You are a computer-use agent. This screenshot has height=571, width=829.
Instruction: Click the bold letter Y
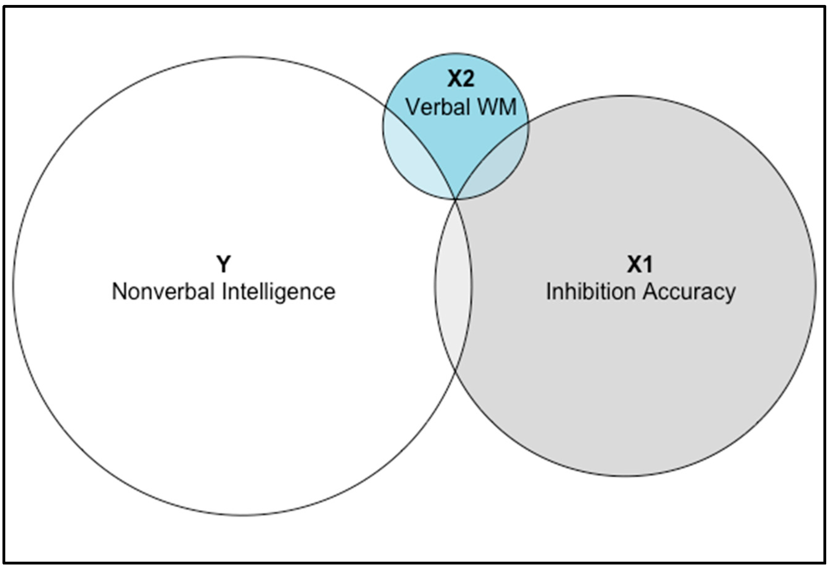(224, 265)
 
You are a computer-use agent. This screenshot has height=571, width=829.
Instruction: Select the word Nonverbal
(163, 292)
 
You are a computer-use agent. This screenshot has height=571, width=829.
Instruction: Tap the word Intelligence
(278, 292)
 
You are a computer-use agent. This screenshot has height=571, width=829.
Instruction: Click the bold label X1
(640, 265)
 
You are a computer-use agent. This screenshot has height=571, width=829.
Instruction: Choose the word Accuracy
(689, 292)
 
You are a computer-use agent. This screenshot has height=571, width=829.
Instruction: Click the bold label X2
(461, 79)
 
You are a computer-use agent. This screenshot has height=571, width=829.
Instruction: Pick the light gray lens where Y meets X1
(453, 286)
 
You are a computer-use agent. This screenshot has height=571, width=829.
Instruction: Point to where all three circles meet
(456, 199)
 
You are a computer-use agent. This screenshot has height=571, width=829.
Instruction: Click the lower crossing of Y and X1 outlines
(455, 372)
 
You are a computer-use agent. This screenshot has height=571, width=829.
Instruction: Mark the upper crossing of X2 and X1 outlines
(528, 124)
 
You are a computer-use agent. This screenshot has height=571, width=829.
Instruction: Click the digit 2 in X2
(468, 79)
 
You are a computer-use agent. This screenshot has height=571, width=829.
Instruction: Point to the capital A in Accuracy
(651, 292)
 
